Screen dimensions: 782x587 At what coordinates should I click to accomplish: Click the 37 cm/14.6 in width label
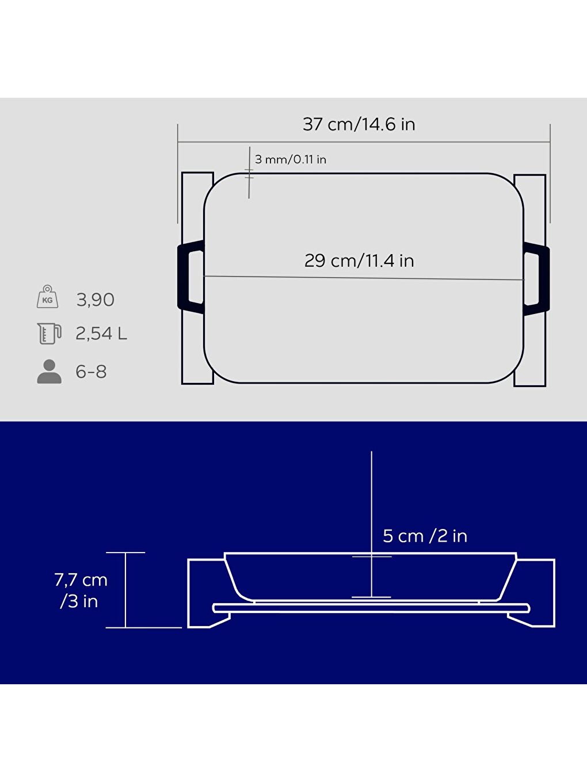click(359, 124)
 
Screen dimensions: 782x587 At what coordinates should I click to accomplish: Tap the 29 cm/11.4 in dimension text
click(359, 260)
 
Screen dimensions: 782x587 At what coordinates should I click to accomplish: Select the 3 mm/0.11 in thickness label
click(290, 159)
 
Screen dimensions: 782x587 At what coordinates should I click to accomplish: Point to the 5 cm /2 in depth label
click(425, 536)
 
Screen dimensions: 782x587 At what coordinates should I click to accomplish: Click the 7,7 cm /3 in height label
click(81, 590)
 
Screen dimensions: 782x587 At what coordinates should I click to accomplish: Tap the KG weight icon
click(48, 297)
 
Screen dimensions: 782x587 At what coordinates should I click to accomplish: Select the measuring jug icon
click(49, 333)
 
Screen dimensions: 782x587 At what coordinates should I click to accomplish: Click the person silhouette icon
click(49, 371)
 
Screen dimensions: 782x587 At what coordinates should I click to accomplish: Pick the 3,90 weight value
click(96, 300)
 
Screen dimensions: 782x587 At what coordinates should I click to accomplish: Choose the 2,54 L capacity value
click(101, 333)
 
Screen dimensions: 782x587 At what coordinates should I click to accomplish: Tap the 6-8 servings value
click(91, 372)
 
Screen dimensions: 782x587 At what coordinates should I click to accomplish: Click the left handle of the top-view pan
click(190, 277)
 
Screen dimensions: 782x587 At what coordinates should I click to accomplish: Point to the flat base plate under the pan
click(371, 608)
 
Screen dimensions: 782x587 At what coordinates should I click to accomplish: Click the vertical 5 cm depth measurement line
click(372, 494)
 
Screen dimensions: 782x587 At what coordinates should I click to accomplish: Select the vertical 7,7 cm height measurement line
click(125, 590)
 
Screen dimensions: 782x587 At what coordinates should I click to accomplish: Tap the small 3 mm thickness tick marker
click(249, 173)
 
